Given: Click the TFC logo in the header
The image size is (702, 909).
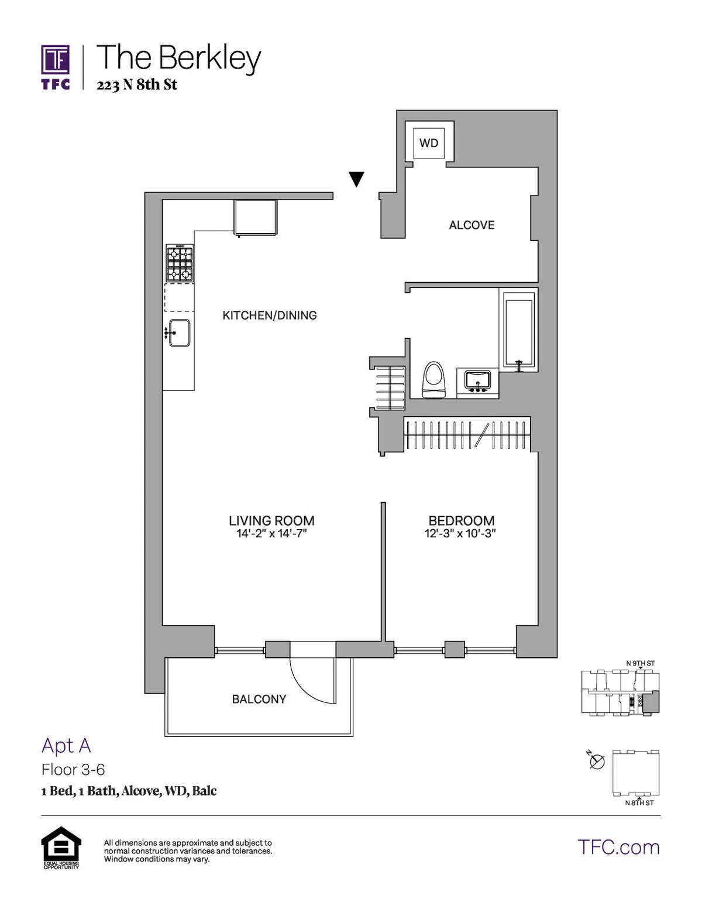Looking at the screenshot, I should (56, 67).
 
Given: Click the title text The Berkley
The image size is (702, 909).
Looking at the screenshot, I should (178, 58).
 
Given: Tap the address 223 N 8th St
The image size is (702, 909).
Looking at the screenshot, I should (137, 85).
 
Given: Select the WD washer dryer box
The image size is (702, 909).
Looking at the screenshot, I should (429, 143).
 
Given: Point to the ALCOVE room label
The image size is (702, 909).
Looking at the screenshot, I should (472, 225).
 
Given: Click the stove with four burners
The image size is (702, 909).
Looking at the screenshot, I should (180, 263).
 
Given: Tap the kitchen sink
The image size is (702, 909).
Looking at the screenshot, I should (179, 333).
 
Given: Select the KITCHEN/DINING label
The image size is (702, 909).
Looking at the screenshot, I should (270, 315).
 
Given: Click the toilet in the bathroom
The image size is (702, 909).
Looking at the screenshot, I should (433, 380).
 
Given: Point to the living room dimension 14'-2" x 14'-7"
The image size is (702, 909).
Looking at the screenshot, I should (271, 534).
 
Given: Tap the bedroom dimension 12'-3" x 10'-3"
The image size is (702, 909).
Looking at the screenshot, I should (460, 534).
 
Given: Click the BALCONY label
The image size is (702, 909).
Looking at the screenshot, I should (259, 699).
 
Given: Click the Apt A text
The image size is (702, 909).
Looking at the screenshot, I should (66, 746).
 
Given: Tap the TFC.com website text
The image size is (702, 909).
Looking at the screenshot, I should (618, 847).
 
